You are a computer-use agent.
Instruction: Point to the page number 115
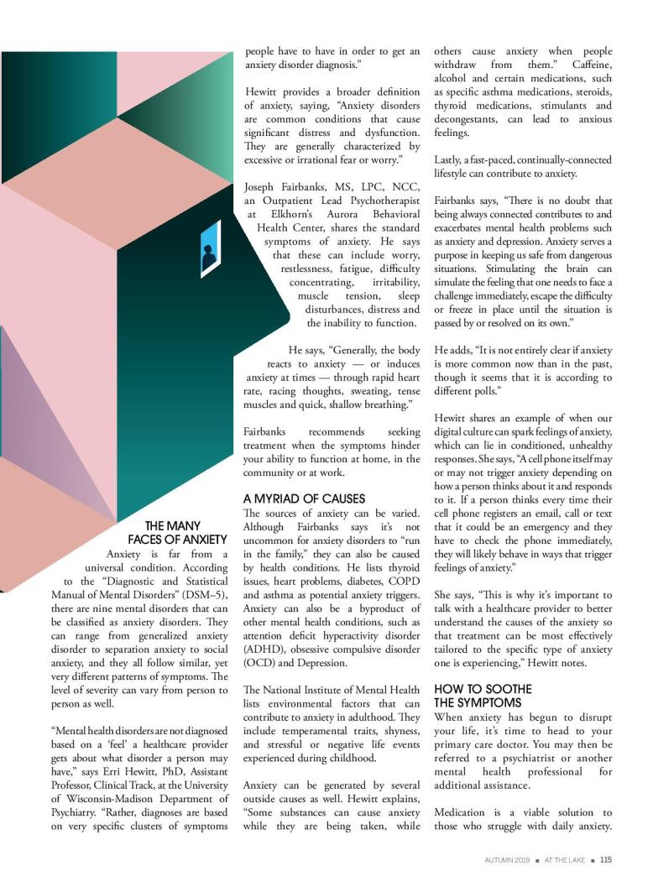(x=605, y=858)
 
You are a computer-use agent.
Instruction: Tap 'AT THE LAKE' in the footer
(x=564, y=858)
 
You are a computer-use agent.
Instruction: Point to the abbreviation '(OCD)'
(x=261, y=662)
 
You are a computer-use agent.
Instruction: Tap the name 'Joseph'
(x=264, y=186)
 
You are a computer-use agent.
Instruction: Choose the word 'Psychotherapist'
(x=379, y=201)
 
